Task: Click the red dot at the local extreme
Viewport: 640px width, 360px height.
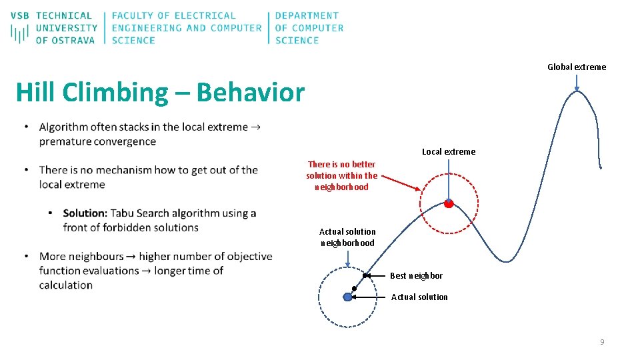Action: [x=449, y=204]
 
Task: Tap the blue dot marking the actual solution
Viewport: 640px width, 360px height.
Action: [x=347, y=297]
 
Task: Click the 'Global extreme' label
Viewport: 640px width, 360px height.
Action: [x=577, y=67]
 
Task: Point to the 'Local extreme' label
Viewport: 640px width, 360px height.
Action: [x=449, y=151]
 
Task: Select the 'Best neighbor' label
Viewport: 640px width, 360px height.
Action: [x=416, y=275]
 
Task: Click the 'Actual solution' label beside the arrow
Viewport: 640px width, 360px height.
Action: [x=419, y=297]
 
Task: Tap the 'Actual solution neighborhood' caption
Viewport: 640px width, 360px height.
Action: [x=347, y=237]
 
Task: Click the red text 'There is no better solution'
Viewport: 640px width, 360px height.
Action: [x=341, y=175]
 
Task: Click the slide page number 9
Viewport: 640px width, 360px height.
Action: [x=602, y=342]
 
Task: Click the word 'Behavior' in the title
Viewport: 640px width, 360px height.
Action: [x=250, y=93]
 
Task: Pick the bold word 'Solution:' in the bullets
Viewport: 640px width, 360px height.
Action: [x=85, y=213]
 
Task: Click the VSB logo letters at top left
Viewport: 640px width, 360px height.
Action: [x=19, y=15]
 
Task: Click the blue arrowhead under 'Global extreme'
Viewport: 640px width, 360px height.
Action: [x=577, y=87]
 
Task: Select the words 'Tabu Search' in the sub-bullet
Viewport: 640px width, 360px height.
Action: [x=141, y=213]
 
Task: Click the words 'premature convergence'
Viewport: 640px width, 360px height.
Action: [x=97, y=141]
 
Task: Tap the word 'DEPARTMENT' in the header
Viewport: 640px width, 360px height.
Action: [x=307, y=15]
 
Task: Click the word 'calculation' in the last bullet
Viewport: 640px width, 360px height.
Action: [x=66, y=285]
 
